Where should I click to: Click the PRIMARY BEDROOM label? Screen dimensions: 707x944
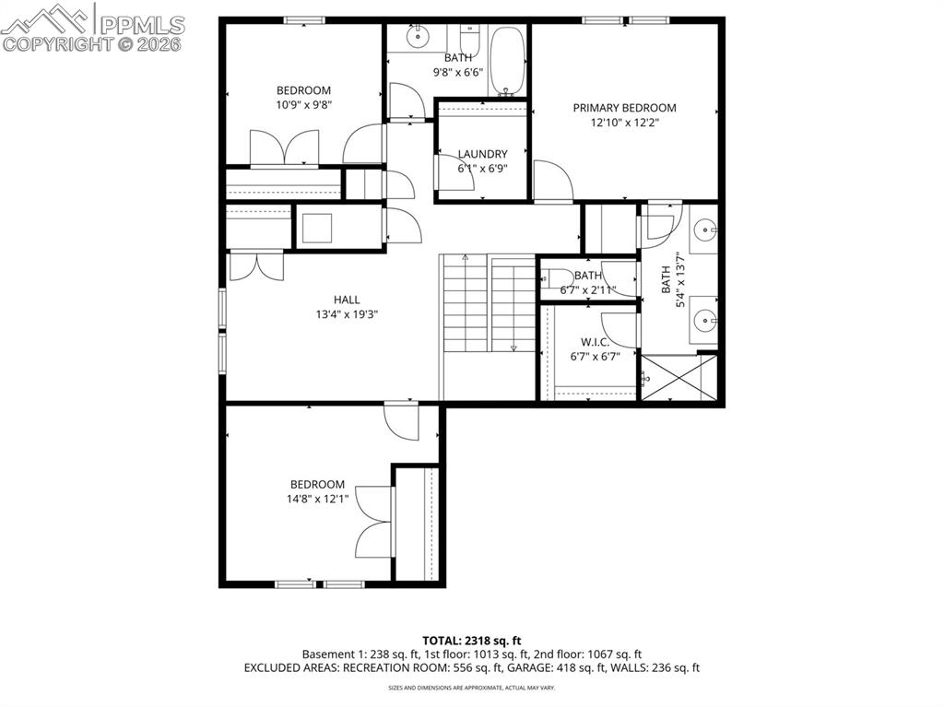click(x=624, y=108)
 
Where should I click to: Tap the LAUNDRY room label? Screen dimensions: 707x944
click(x=482, y=154)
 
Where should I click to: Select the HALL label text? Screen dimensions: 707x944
click(x=347, y=300)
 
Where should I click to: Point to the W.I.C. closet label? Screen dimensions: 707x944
click(x=596, y=342)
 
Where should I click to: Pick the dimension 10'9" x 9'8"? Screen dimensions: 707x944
click(x=303, y=104)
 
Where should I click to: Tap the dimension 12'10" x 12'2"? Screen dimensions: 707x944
click(x=624, y=122)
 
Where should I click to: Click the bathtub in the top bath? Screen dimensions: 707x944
click(x=505, y=61)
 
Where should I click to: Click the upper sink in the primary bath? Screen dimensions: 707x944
click(x=706, y=228)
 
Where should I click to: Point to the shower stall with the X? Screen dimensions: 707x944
click(x=678, y=378)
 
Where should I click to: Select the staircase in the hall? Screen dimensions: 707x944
click(x=489, y=304)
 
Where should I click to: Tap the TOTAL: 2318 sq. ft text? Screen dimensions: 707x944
click(x=472, y=640)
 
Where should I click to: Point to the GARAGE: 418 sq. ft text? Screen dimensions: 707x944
click(x=571, y=667)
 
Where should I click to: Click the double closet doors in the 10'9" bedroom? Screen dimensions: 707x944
click(x=285, y=147)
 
